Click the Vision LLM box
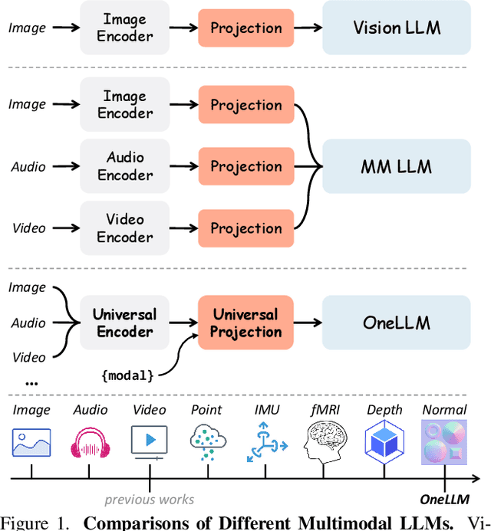point(397,28)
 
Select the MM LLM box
point(397,166)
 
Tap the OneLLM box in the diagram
point(397,323)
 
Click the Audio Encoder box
point(125,166)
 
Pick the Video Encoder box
point(125,228)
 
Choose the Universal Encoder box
point(125,323)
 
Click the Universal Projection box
point(246,323)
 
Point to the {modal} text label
point(127,375)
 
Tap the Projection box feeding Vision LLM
point(246,28)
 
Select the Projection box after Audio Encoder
point(246,166)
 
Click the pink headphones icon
point(91,443)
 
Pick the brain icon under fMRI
point(322,443)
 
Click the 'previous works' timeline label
point(149,500)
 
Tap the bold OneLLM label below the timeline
point(445,500)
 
